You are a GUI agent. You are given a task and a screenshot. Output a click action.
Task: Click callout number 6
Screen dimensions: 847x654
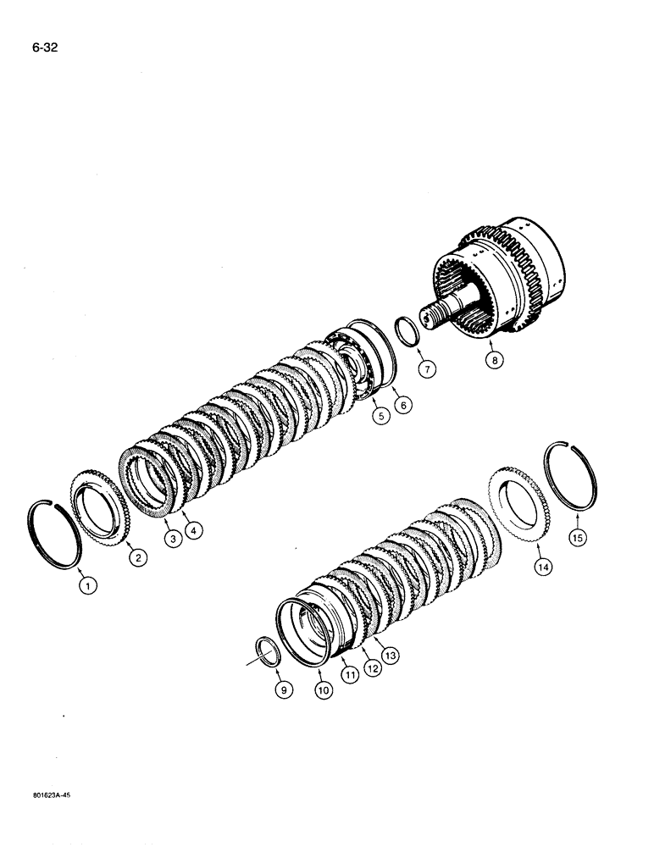[x=403, y=406]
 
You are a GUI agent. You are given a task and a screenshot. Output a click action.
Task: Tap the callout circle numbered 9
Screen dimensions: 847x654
[x=285, y=690]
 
